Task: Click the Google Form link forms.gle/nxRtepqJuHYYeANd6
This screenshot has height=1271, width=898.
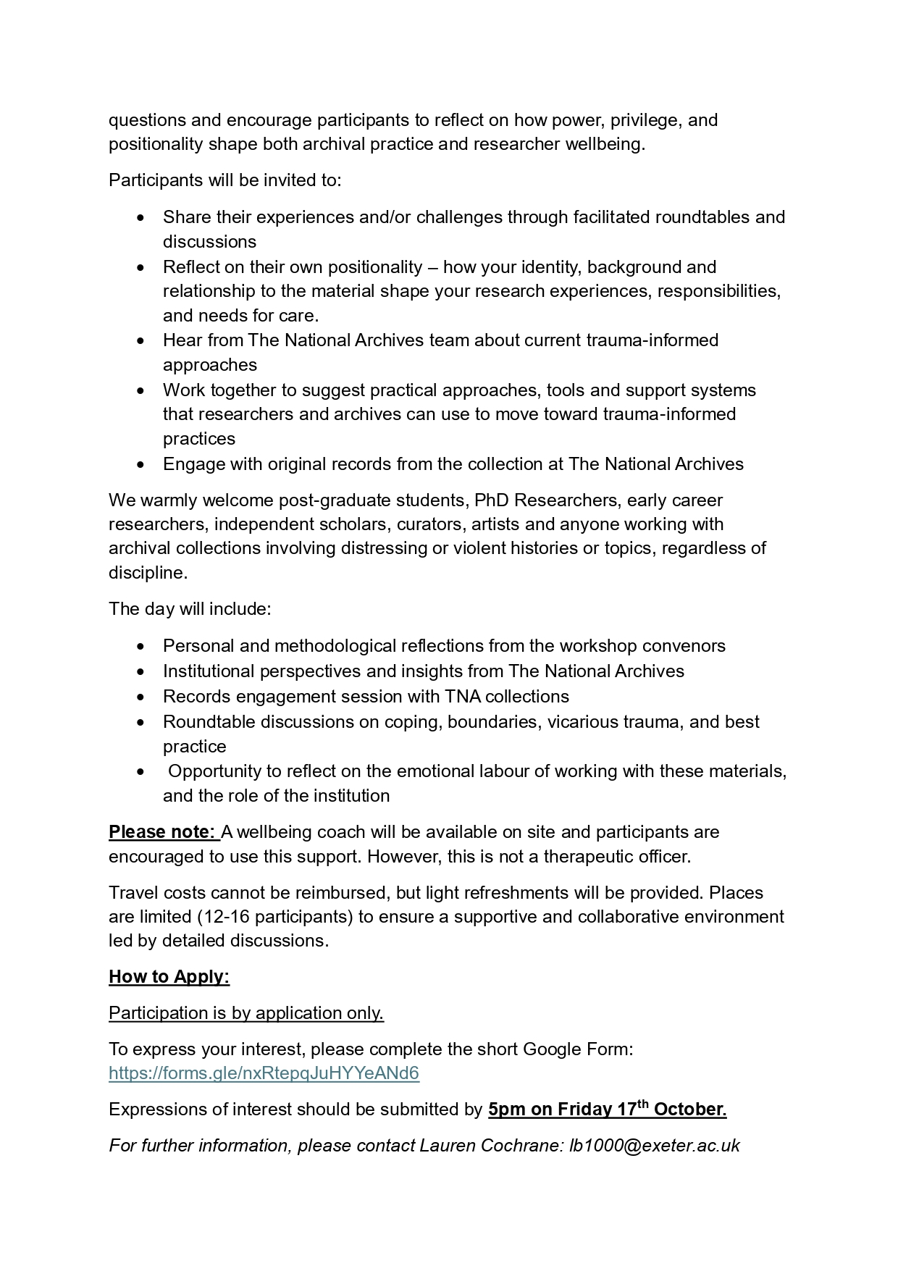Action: [x=264, y=1073]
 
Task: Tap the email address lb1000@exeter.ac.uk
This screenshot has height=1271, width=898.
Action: [x=655, y=1145]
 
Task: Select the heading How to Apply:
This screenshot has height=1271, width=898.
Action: [x=169, y=976]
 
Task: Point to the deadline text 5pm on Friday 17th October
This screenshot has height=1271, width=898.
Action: [x=607, y=1109]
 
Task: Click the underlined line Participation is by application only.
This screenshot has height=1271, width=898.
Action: [x=246, y=1012]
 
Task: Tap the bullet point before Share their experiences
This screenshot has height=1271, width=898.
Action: [x=140, y=217]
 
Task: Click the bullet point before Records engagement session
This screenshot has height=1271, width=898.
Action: [x=140, y=697]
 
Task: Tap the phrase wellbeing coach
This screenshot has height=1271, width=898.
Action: [x=293, y=831]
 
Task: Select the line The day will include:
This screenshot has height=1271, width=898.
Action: [x=190, y=608]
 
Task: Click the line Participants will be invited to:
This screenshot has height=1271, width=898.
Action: [x=224, y=180]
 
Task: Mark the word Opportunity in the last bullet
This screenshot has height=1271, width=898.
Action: [x=214, y=771]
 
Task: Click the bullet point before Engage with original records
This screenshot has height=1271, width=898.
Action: [x=140, y=464]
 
